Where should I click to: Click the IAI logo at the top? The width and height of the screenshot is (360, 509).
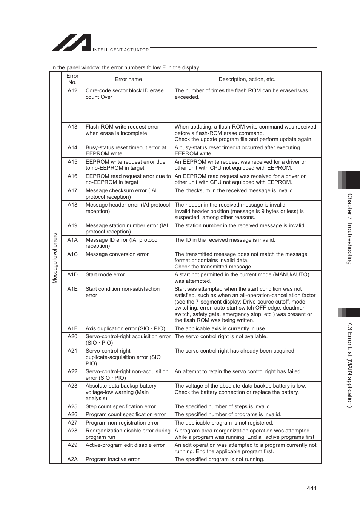pyautogui.click(x=72, y=43)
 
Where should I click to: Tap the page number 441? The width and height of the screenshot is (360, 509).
pyautogui.click(x=312, y=488)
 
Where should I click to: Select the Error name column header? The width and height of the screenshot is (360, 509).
pyautogui.click(x=128, y=79)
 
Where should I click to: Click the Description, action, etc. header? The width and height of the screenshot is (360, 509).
pyautogui.click(x=247, y=79)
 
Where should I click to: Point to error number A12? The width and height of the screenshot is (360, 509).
pyautogui.click(x=72, y=90)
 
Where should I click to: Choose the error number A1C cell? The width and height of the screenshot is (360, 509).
pyautogui.click(x=72, y=254)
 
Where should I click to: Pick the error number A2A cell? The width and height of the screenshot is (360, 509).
pyautogui.click(x=72, y=459)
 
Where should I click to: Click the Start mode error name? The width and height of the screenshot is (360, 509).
pyautogui.click(x=105, y=274)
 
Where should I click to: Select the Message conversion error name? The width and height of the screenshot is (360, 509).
pyautogui.click(x=117, y=254)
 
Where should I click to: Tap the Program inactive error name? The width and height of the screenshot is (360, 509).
pyautogui.click(x=112, y=459)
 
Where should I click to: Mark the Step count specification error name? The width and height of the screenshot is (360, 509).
pyautogui.click(x=121, y=406)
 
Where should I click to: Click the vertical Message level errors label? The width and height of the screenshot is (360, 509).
pyautogui.click(x=55, y=258)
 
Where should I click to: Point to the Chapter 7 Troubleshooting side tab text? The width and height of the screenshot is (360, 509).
pyautogui.click(x=350, y=229)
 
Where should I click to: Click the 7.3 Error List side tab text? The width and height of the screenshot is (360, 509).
pyautogui.click(x=350, y=364)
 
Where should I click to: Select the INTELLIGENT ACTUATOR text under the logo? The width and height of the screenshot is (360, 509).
pyautogui.click(x=121, y=50)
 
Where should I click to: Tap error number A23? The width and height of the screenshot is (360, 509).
pyautogui.click(x=72, y=386)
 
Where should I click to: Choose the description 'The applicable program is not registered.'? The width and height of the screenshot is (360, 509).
pyautogui.click(x=224, y=423)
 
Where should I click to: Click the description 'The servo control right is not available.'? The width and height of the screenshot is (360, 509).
pyautogui.click(x=221, y=336)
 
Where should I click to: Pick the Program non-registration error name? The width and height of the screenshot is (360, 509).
pyautogui.click(x=122, y=423)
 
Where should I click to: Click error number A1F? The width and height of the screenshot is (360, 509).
pyautogui.click(x=72, y=328)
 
